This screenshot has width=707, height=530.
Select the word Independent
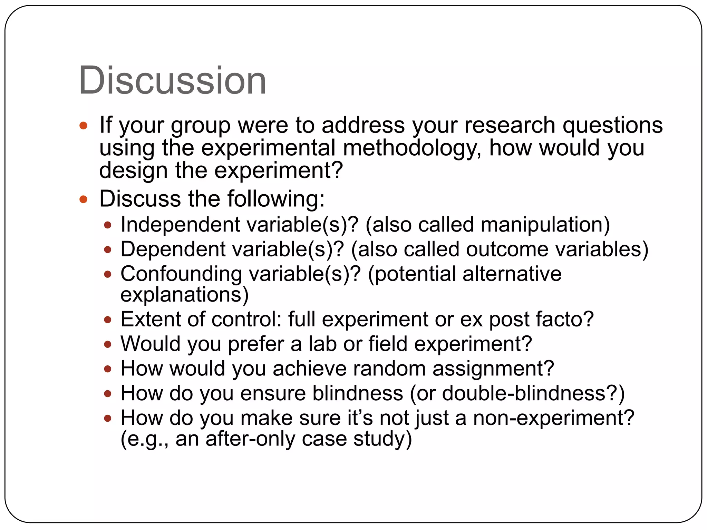click(x=180, y=225)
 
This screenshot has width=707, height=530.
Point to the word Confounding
click(x=181, y=274)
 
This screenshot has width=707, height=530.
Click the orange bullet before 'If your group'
click(x=84, y=125)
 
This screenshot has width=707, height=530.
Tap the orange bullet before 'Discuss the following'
click(x=84, y=199)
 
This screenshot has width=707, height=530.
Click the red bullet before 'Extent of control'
click(x=108, y=320)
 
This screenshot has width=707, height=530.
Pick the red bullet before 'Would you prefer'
click(x=108, y=344)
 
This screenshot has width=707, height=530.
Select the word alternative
click(x=512, y=274)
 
